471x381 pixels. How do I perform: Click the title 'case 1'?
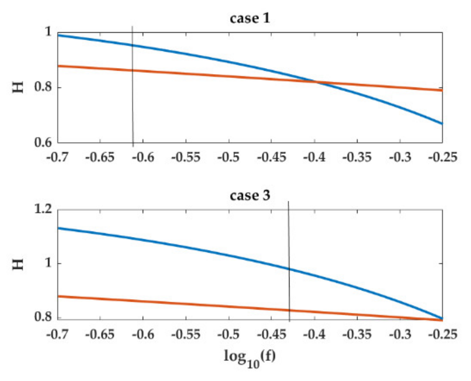[x=250, y=18]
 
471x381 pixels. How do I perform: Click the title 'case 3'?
[x=250, y=195]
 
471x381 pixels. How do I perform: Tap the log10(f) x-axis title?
[x=250, y=358]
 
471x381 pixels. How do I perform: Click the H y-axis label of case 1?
[x=19, y=87]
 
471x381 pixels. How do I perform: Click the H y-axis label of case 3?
[x=19, y=264]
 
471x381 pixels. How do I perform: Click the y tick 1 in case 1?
[x=48, y=32]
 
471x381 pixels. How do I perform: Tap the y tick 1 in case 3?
[x=48, y=263]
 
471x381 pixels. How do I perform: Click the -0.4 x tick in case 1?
[x=314, y=157]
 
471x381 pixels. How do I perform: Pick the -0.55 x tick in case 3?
[x=186, y=334]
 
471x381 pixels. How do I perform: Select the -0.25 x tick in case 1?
[x=443, y=157]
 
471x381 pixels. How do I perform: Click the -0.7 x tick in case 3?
[x=58, y=334]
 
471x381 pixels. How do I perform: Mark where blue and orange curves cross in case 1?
[x=316, y=82]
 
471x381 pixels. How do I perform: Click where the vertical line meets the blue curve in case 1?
[x=132, y=45]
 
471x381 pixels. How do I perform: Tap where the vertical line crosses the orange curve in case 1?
[x=133, y=70]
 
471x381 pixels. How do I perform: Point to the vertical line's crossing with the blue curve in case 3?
[x=289, y=269]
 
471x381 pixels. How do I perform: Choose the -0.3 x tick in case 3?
[x=400, y=334]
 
